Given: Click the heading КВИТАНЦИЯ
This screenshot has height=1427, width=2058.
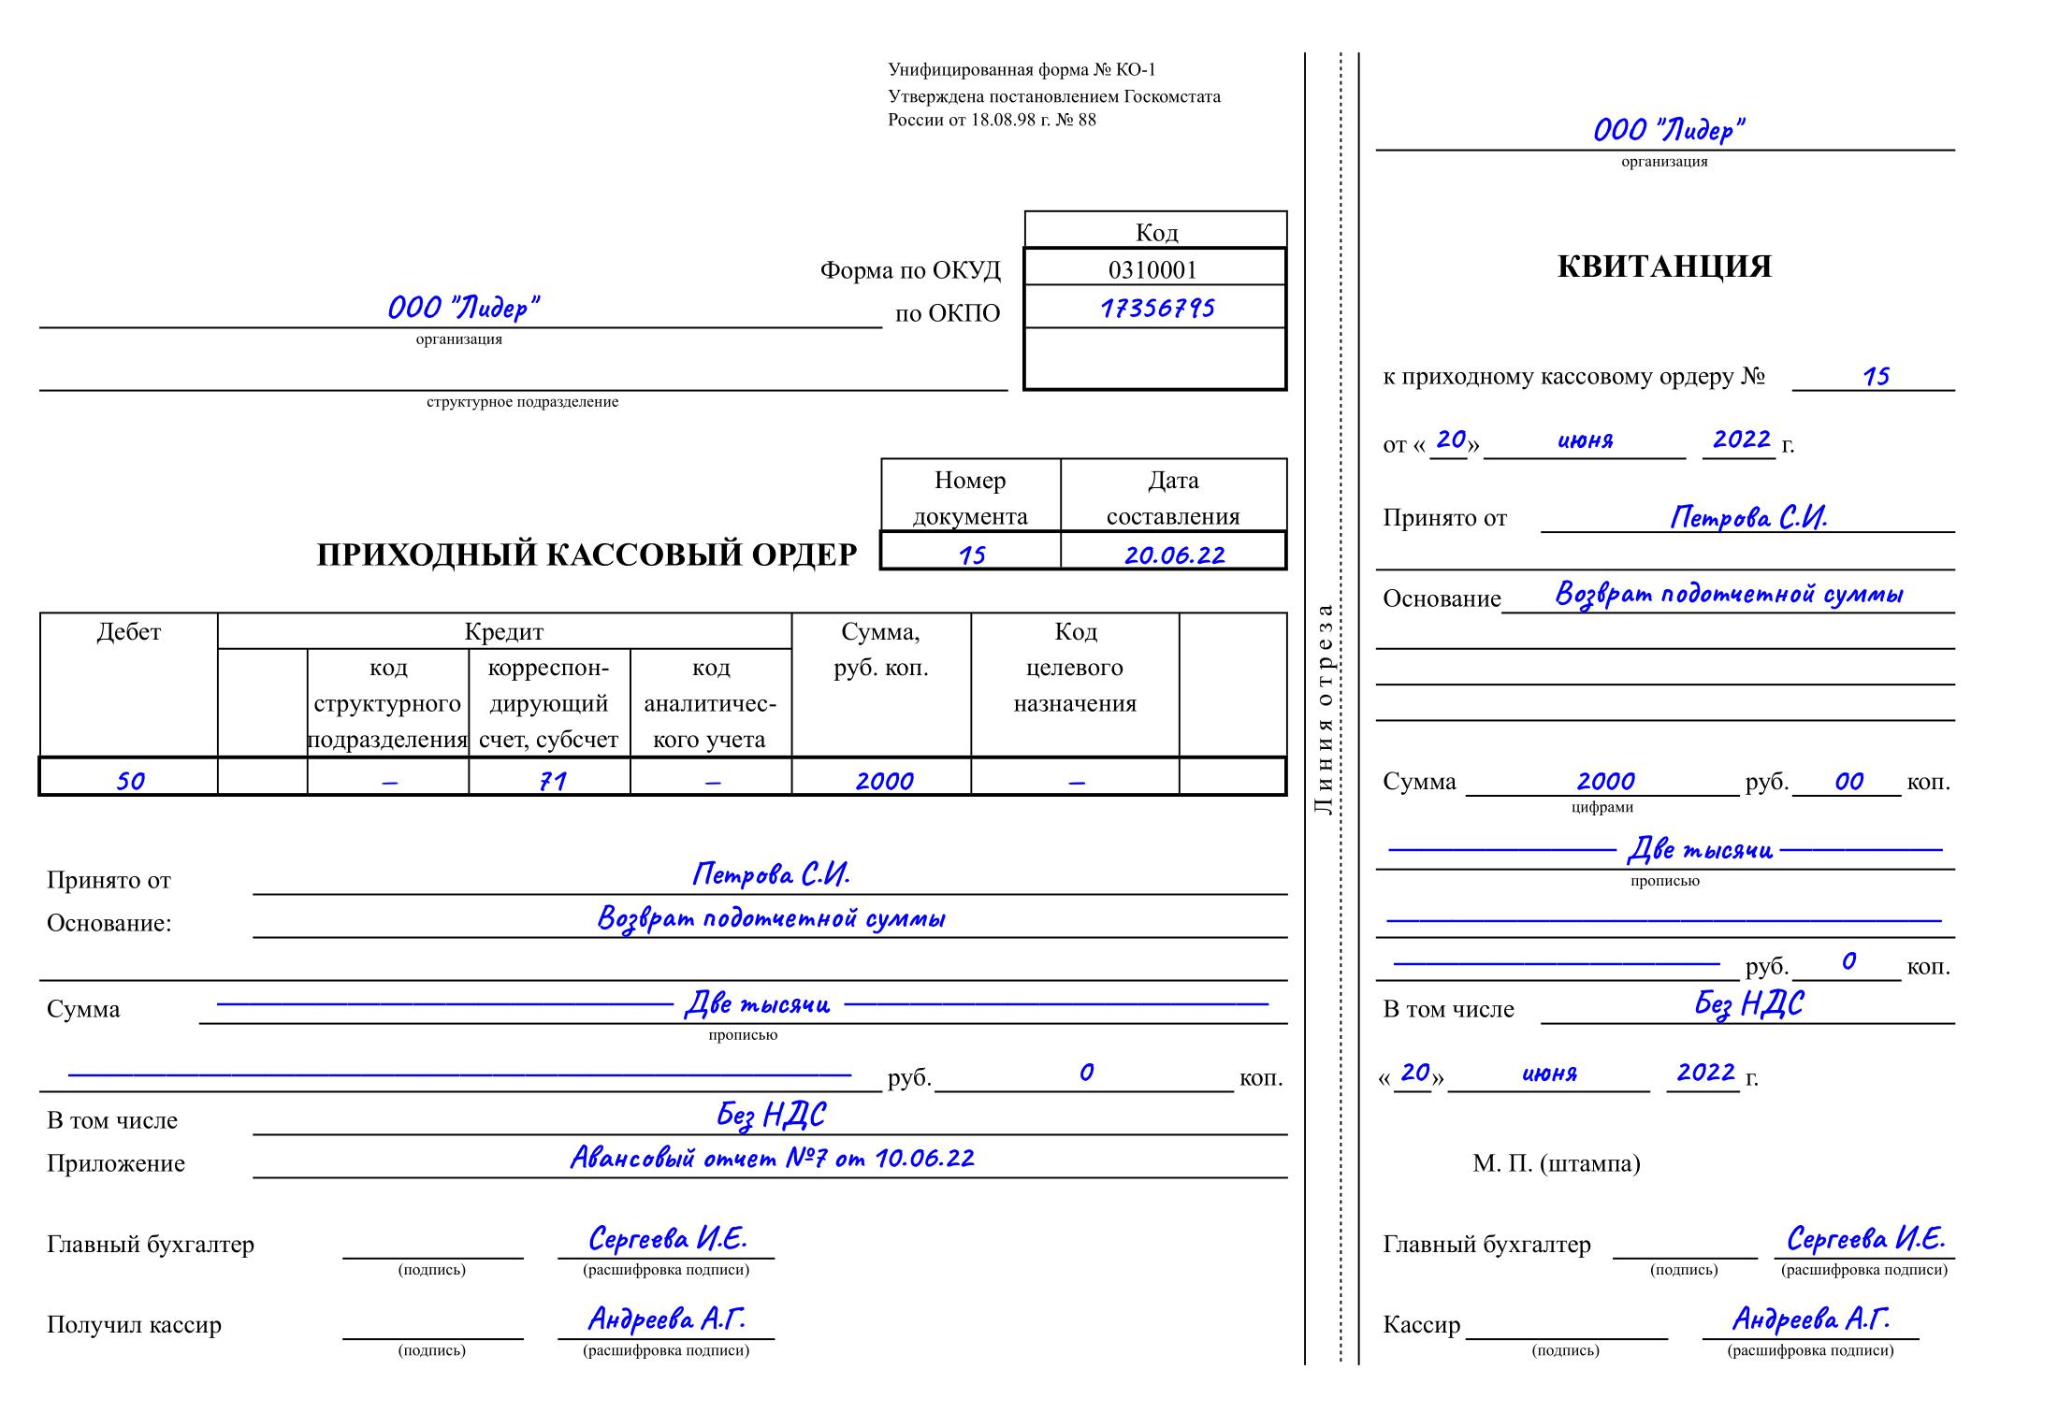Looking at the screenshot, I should coord(1663,267).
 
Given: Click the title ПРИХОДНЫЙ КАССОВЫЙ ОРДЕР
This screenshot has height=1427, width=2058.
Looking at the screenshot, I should coord(587,555).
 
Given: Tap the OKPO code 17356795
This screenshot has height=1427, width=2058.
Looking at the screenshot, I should coord(1157,308).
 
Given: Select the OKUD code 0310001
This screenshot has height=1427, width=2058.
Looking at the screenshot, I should coord(1152,270).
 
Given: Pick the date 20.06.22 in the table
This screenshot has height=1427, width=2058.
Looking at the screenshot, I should coord(1174,555).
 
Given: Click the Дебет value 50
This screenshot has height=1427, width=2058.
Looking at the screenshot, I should coord(130,780).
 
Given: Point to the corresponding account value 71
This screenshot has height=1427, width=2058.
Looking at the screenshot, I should coord(552,780).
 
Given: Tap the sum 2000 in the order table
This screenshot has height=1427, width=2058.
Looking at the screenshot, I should coord(883,780).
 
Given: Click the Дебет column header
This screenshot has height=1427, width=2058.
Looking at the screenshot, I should coord(129,632).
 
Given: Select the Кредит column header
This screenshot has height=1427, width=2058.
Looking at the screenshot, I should coord(503,632).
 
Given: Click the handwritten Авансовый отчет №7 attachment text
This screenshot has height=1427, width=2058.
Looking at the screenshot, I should coord(772,1159).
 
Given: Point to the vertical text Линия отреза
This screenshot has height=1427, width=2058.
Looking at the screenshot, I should coord(1323,710).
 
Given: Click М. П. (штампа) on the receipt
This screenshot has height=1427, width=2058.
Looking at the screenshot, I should coord(1556,1163).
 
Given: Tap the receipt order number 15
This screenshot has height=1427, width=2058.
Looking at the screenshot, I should coord(1876,377).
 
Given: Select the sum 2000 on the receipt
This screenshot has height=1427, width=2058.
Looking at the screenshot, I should coord(1605,781).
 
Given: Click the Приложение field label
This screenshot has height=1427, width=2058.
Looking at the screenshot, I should coord(116,1163).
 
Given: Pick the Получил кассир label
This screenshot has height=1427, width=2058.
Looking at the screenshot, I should coord(134,1325).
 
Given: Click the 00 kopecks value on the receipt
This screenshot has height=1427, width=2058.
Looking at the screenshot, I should coord(1848,781).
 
